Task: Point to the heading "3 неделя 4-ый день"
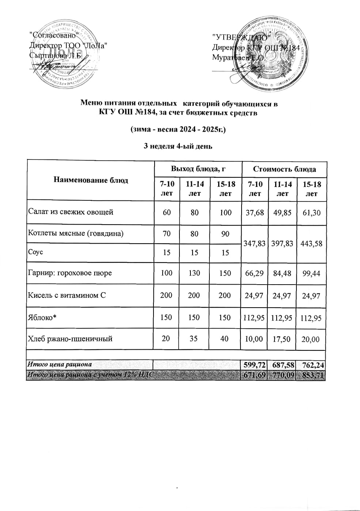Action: click(178, 146)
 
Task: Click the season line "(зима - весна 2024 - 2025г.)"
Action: click(178, 129)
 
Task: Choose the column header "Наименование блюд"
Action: click(91, 180)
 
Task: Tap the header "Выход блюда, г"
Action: click(198, 169)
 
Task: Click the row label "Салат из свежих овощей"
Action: click(71, 212)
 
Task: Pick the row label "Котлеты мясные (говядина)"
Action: click(76, 234)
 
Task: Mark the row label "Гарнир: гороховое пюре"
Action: click(70, 273)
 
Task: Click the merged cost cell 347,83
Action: click(255, 243)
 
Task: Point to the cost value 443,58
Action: click(311, 244)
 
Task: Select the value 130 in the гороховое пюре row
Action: click(194, 273)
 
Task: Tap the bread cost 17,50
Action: click(283, 339)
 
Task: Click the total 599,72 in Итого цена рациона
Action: click(254, 365)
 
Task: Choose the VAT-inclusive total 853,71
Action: click(311, 375)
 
